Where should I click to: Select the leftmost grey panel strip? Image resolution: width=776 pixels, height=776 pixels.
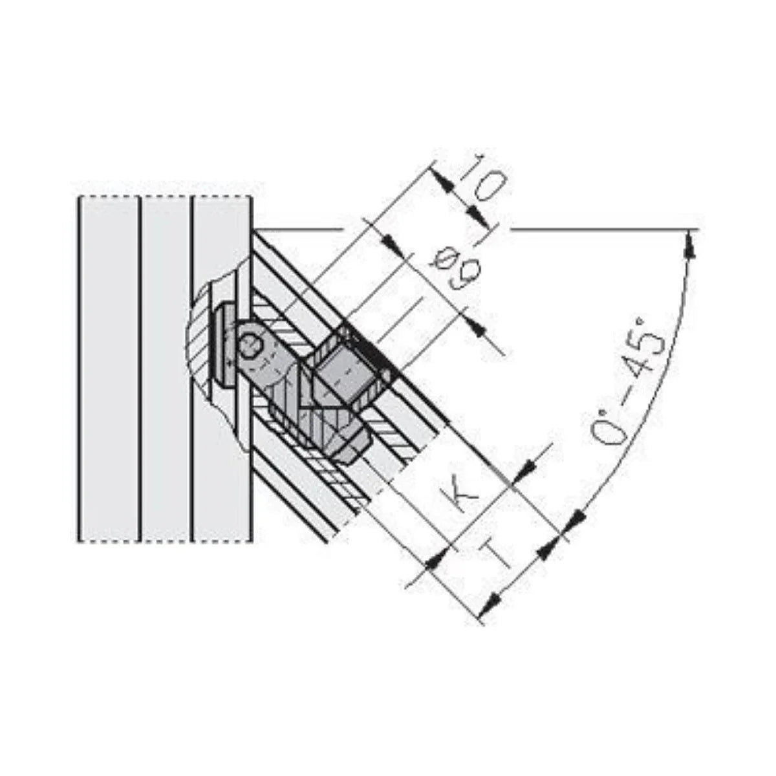[109, 369]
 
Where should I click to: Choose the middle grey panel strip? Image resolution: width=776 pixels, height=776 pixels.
[166, 369]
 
